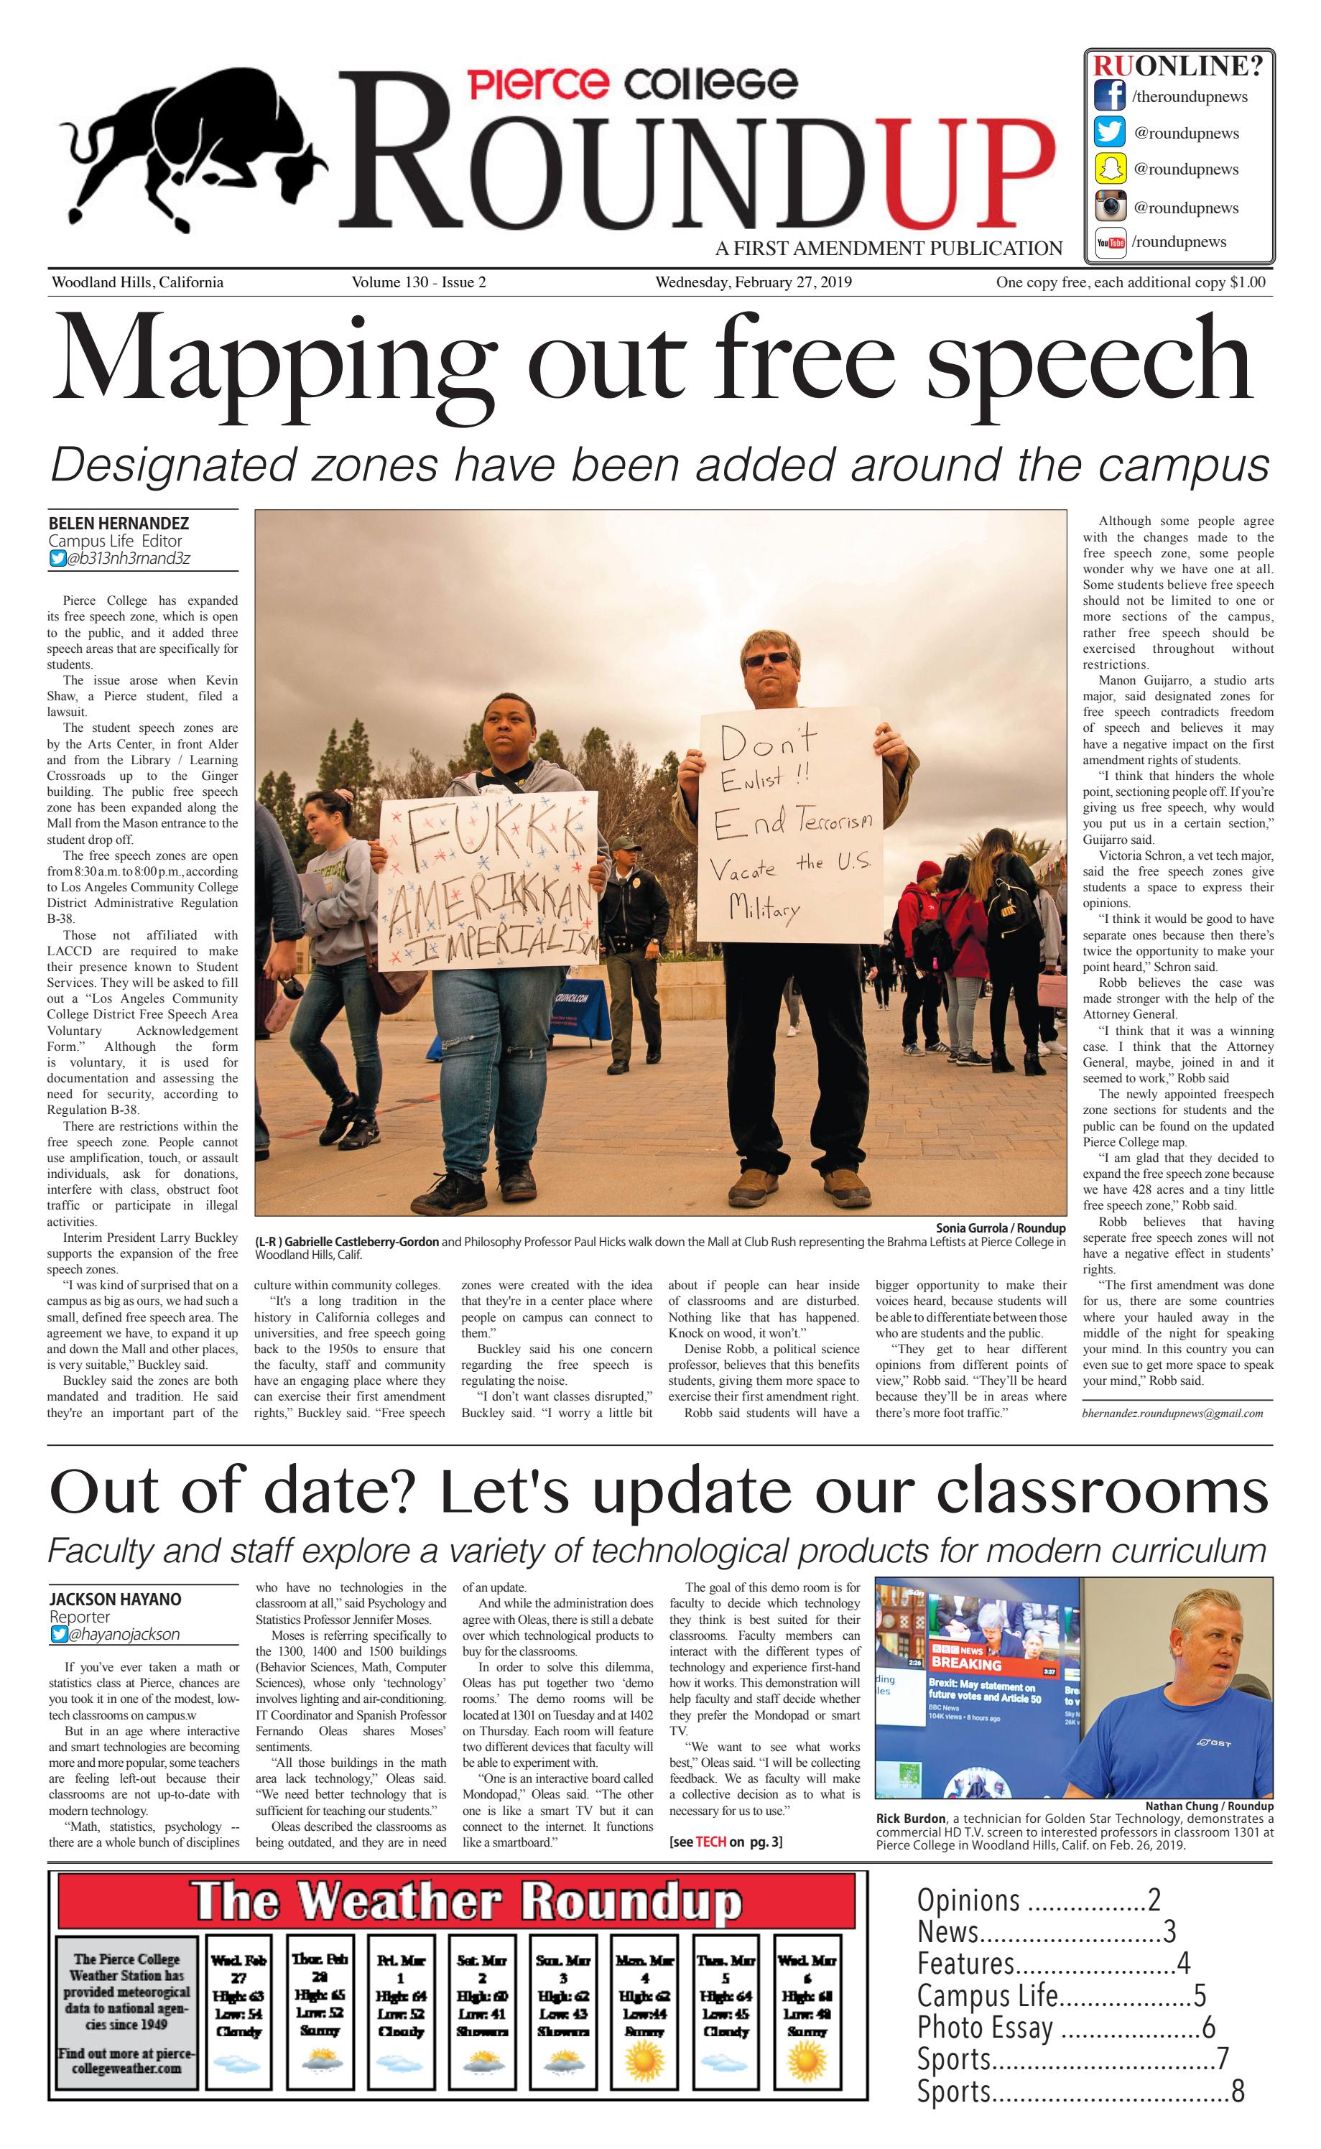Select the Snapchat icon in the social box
click(1110, 169)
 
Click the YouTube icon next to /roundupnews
click(1111, 243)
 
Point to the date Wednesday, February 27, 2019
click(753, 282)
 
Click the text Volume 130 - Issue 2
click(419, 282)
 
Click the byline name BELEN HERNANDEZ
click(119, 524)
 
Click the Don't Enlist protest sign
click(789, 825)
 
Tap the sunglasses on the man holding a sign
click(767, 659)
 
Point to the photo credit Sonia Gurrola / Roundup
click(1001, 1228)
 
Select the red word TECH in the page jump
click(710, 1842)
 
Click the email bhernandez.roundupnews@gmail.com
click(1172, 1414)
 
